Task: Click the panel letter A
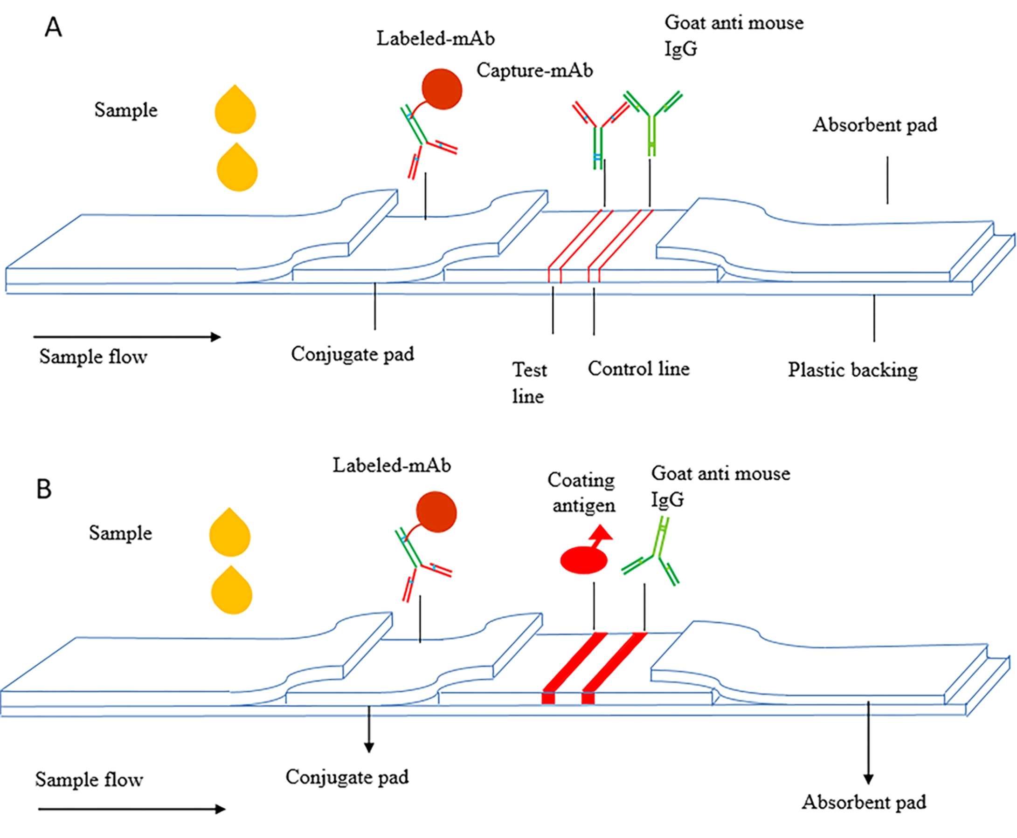(53, 27)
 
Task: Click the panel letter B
(44, 489)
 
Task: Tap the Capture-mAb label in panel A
(534, 70)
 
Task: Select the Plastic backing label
(853, 370)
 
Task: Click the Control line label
(638, 369)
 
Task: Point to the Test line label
(529, 383)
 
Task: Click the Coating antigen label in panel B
(581, 492)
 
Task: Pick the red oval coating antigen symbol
(584, 560)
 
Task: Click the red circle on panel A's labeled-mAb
(442, 89)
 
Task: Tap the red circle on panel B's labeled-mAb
(436, 511)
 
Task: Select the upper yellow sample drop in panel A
(235, 111)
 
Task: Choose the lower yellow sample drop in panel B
(231, 591)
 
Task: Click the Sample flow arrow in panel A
(126, 337)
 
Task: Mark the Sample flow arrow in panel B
(131, 809)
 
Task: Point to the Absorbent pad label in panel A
(874, 125)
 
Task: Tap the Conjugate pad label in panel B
(347, 777)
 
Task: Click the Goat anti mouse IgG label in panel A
(733, 35)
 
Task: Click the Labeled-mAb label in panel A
(436, 39)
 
